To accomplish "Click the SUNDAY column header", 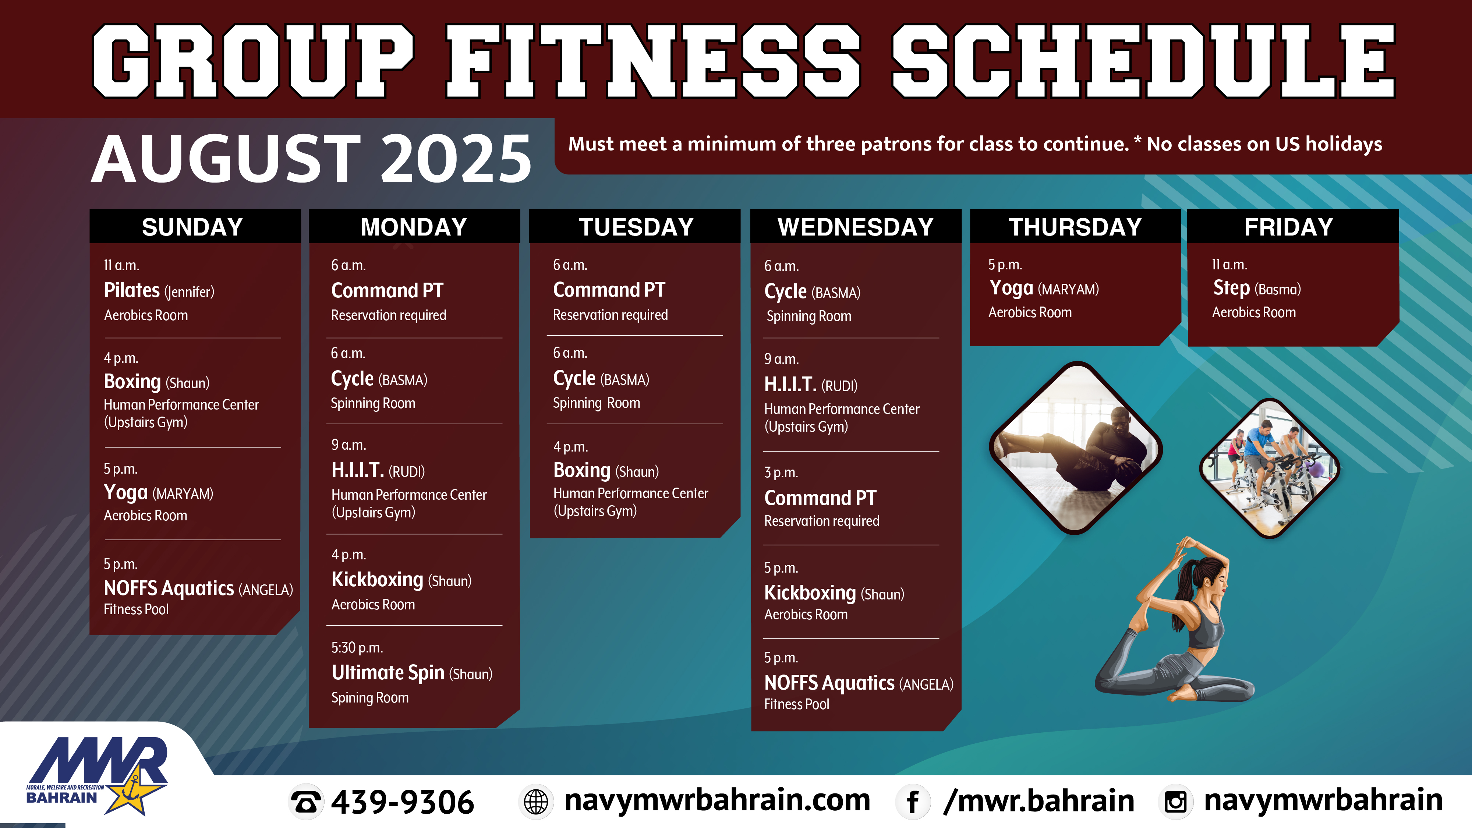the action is tap(192, 227).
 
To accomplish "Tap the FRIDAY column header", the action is tap(1289, 227).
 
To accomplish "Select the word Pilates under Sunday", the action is tap(131, 290).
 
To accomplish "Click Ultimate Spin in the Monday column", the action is tap(388, 673).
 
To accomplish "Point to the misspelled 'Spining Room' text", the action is tap(370, 698).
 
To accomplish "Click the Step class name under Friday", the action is tap(1231, 288).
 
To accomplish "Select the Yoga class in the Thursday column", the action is tap(1011, 288).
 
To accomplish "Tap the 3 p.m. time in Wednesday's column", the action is tap(781, 473).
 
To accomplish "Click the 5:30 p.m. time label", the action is tap(357, 647).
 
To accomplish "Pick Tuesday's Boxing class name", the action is tap(582, 470).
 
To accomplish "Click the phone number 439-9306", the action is tap(402, 802).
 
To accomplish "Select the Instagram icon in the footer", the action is tap(1175, 802).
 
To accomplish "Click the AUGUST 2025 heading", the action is tap(311, 158).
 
